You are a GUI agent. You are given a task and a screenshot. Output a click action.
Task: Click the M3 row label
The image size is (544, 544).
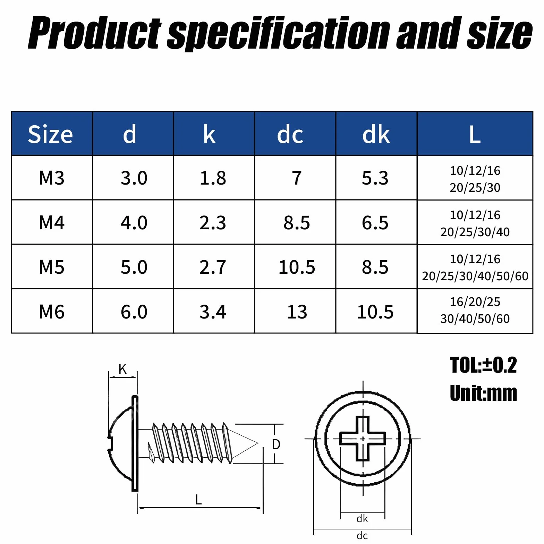52,178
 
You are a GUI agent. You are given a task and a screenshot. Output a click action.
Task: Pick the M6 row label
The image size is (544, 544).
52,312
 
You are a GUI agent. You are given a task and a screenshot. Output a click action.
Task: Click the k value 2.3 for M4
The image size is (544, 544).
213,223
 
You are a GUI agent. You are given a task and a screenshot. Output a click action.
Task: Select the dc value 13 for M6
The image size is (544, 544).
297,312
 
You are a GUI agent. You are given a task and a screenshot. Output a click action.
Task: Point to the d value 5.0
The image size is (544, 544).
134,267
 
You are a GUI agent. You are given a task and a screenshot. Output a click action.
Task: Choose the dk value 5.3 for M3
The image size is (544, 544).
375,178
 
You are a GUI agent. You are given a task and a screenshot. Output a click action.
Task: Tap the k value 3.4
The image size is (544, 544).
213,312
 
